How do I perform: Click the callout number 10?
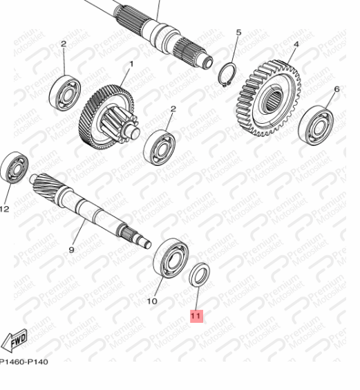(x=152, y=301)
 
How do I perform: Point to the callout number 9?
(x=70, y=250)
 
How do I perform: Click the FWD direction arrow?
(x=15, y=340)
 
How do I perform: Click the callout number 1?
(x=129, y=64)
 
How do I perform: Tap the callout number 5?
(x=238, y=32)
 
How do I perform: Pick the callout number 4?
(x=295, y=45)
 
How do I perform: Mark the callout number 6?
(x=337, y=89)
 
